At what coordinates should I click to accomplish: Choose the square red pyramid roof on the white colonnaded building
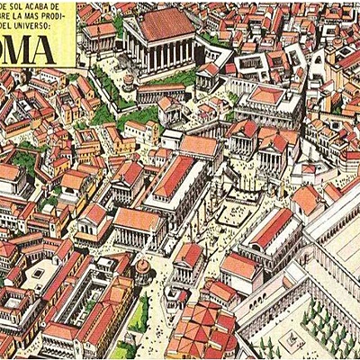pos(267,94)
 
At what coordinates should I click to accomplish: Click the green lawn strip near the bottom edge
pos(139,315)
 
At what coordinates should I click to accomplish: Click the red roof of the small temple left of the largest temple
pos(99,31)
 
